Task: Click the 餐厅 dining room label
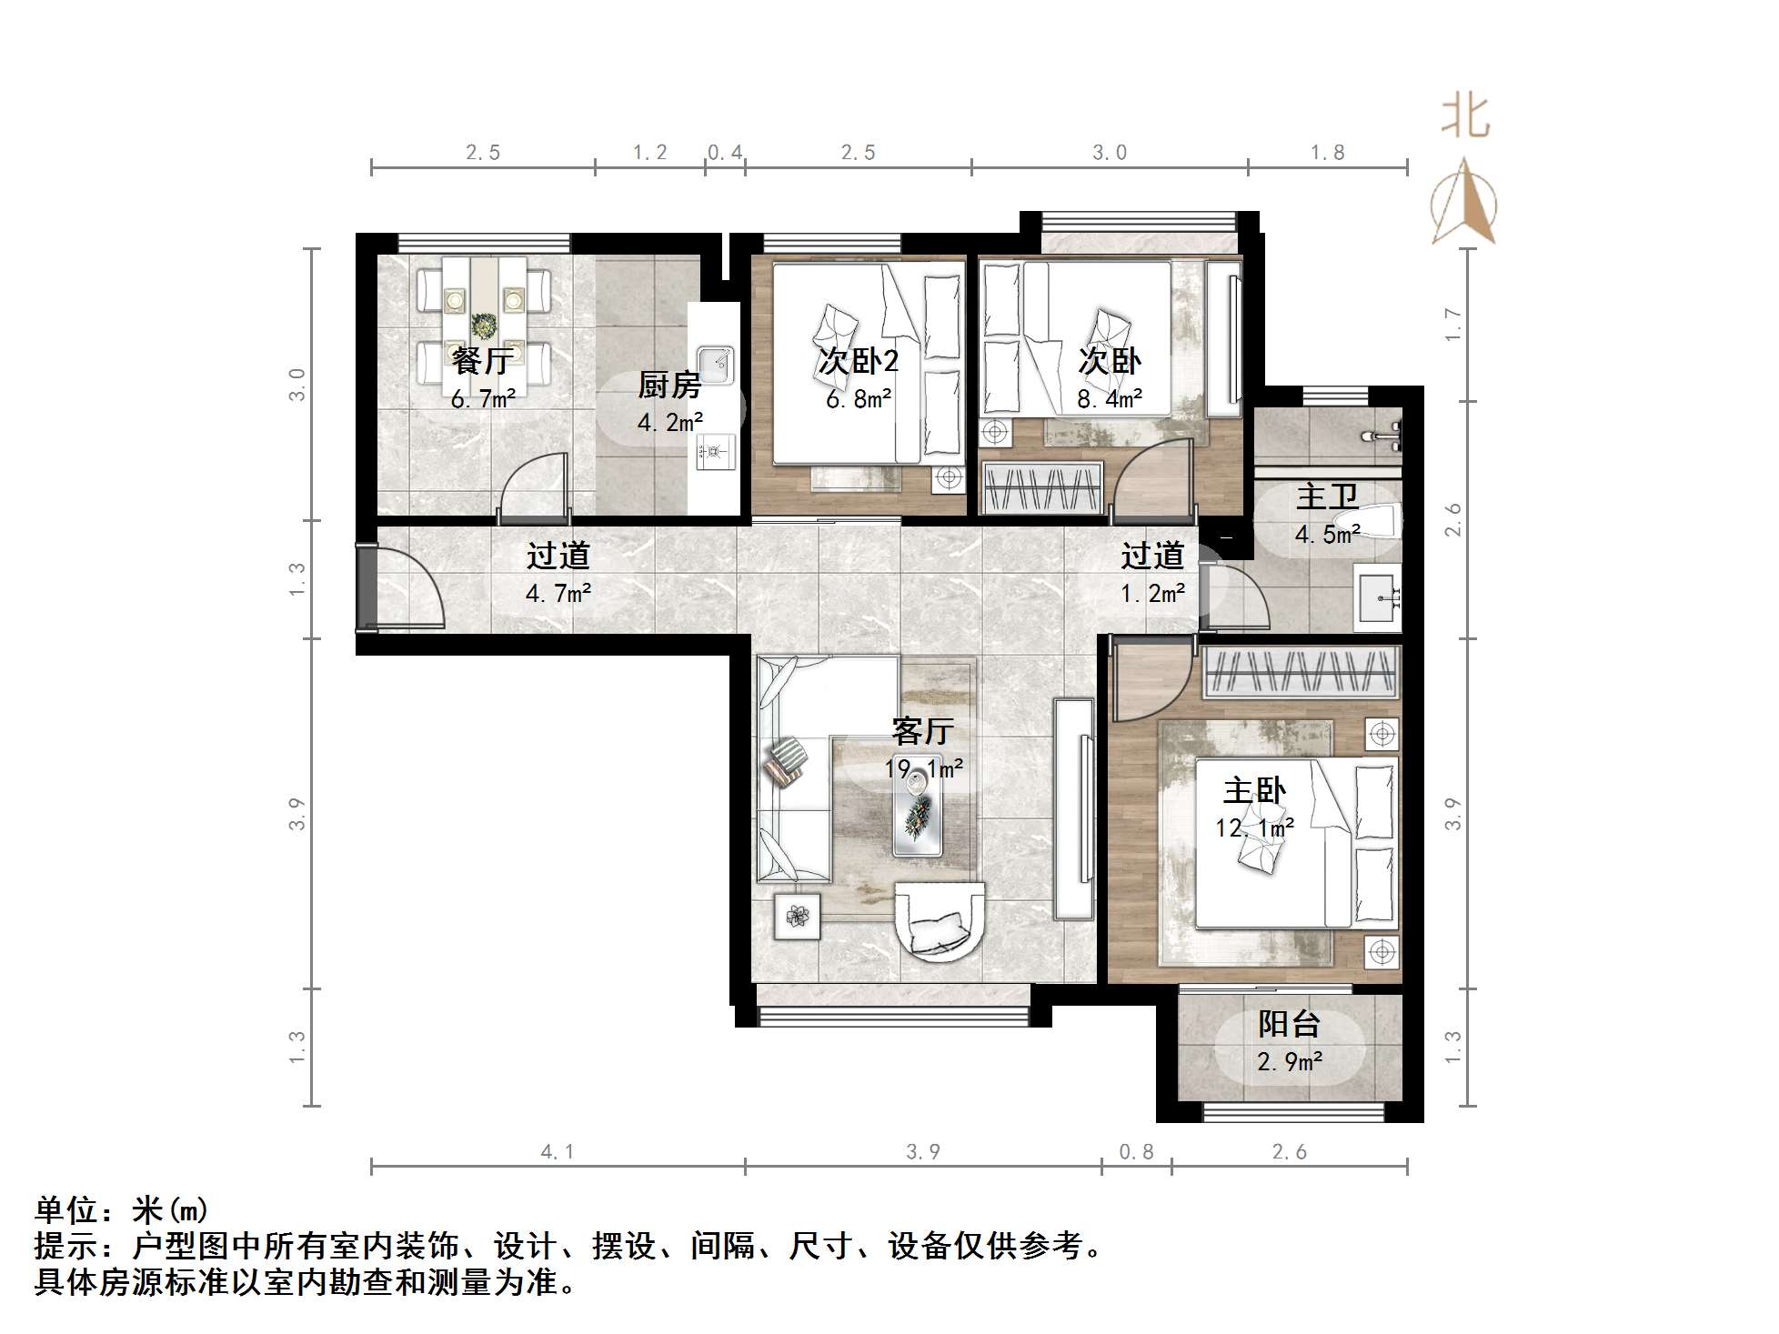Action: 482,362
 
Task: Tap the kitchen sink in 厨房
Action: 715,366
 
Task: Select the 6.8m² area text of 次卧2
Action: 859,398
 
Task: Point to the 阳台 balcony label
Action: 1289,1025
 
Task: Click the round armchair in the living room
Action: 939,920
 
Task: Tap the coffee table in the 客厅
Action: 918,806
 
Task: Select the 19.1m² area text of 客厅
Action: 923,769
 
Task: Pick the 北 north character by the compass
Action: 1465,117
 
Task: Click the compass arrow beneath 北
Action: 1463,204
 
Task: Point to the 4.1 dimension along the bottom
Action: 558,1152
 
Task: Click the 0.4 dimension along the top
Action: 725,153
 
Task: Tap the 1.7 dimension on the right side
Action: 1453,325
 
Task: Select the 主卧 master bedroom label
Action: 1254,791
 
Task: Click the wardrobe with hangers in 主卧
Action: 1301,673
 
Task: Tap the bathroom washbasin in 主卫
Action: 1378,597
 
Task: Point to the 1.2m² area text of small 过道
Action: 1152,595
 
